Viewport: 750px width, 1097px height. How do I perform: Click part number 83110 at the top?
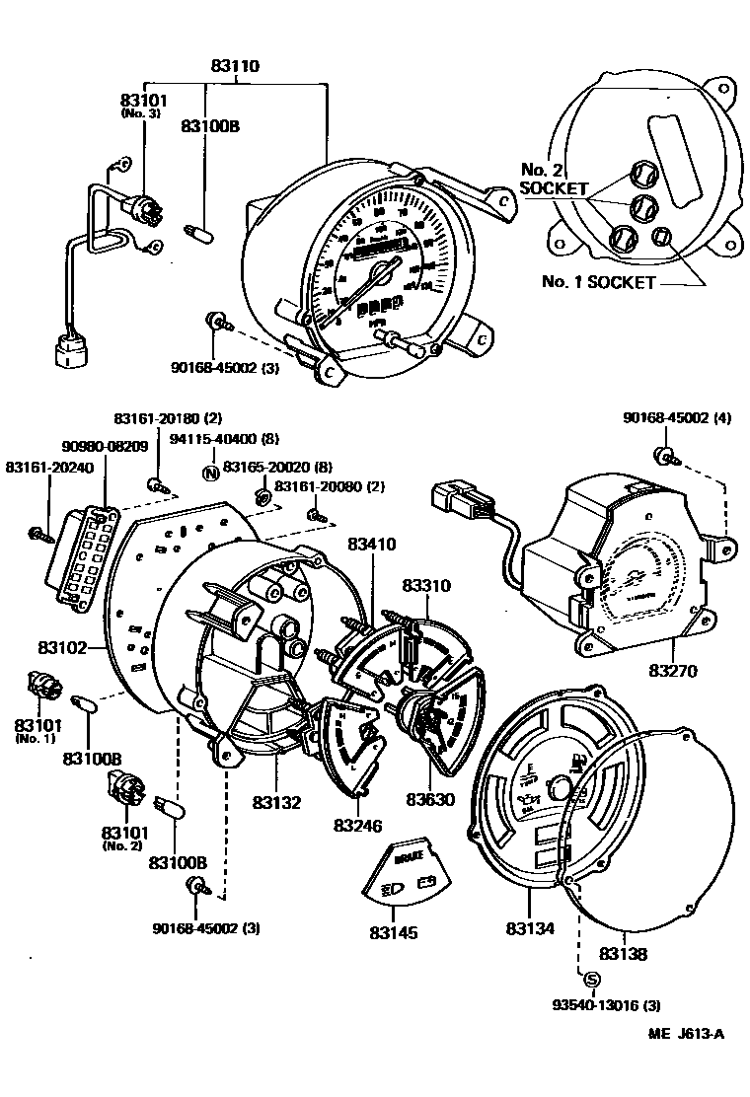coord(234,67)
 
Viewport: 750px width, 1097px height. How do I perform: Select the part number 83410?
coord(372,543)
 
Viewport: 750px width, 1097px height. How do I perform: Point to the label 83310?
coord(425,586)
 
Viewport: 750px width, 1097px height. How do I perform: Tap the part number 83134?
coord(531,928)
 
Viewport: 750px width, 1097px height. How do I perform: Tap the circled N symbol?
coord(209,471)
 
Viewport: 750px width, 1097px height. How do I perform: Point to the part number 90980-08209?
coord(108,446)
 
